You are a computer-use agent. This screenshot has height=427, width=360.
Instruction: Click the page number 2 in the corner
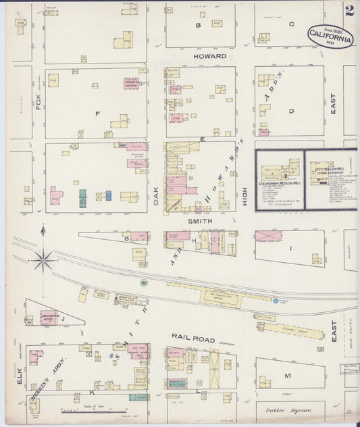pos(349,11)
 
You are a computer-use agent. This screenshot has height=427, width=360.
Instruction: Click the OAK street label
pos(156,195)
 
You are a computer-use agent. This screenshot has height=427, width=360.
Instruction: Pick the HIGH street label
pos(245,196)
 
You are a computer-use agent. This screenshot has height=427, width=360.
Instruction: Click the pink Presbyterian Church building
pos(131,84)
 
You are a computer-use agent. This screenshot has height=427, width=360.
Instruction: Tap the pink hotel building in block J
pos(49,317)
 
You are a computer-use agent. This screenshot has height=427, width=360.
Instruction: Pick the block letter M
pos(287,375)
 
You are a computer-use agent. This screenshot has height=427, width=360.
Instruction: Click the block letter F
pos(97,114)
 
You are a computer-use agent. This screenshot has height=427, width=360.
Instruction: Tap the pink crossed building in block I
pos(268,236)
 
